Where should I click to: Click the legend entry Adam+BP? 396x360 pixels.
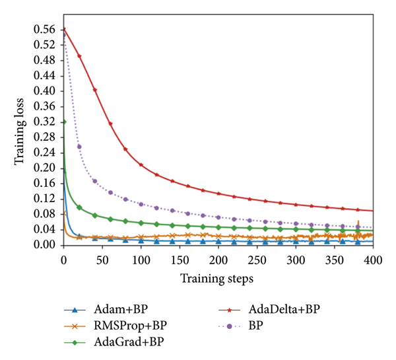(119, 308)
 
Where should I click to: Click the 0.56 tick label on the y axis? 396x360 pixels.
(45, 29)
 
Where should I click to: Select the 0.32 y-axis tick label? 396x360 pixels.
(45, 122)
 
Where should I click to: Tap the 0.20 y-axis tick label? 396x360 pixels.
(45, 168)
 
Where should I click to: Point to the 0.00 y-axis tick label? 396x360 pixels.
(45, 245)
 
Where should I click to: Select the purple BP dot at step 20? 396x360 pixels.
(79, 146)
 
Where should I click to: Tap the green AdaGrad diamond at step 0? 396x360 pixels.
(64, 122)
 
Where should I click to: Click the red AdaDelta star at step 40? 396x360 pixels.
(94, 90)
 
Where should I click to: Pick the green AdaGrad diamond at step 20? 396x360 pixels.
(79, 207)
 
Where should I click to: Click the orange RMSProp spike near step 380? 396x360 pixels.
(358, 223)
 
